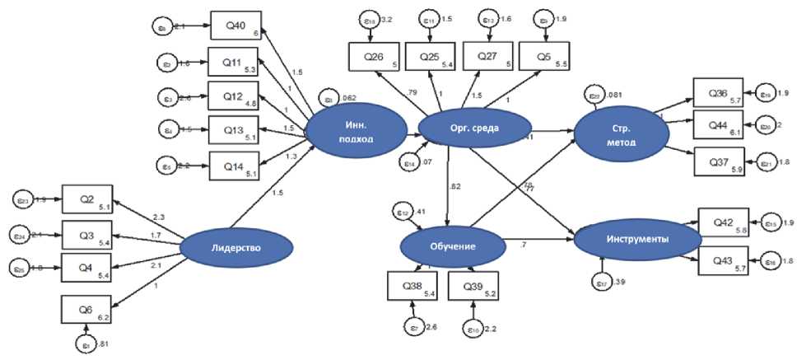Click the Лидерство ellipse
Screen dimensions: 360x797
(236, 245)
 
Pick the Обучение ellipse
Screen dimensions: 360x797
(452, 246)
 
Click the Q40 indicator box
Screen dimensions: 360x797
(235, 26)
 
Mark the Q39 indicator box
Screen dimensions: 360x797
(473, 286)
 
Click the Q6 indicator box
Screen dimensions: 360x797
(85, 309)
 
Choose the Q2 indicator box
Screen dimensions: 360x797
(85, 199)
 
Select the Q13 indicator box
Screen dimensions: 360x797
(233, 129)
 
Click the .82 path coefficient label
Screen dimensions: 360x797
(454, 186)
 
